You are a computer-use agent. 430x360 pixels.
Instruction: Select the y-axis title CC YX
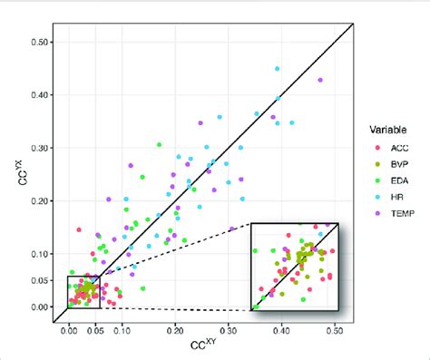pyautogui.click(x=13, y=172)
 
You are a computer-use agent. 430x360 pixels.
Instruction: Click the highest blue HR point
pyautogui.click(x=278, y=68)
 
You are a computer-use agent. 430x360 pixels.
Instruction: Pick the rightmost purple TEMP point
pyautogui.click(x=319, y=80)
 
